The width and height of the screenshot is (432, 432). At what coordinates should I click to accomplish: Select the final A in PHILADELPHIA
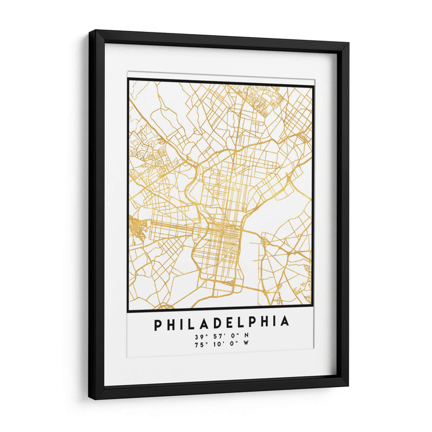tap(285, 323)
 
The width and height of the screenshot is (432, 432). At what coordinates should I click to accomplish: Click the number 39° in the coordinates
tap(201, 336)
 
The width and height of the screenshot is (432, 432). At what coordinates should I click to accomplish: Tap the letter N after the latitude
tap(247, 336)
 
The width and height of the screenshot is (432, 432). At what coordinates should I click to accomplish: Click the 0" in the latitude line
tap(232, 336)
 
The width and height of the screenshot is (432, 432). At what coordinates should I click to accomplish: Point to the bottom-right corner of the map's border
tap(313, 311)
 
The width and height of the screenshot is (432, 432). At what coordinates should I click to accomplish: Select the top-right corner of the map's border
tap(313, 85)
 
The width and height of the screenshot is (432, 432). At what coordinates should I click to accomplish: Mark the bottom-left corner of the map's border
tap(129, 312)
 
